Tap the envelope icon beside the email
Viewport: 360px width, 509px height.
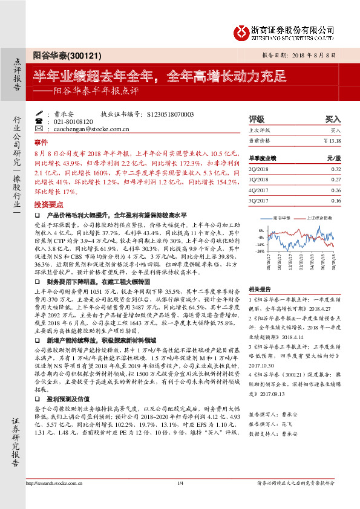click(40, 129)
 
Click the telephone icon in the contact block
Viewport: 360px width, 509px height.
click(40, 121)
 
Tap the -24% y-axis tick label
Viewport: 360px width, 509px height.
click(260, 250)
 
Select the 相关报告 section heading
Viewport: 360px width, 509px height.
click(260, 289)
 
